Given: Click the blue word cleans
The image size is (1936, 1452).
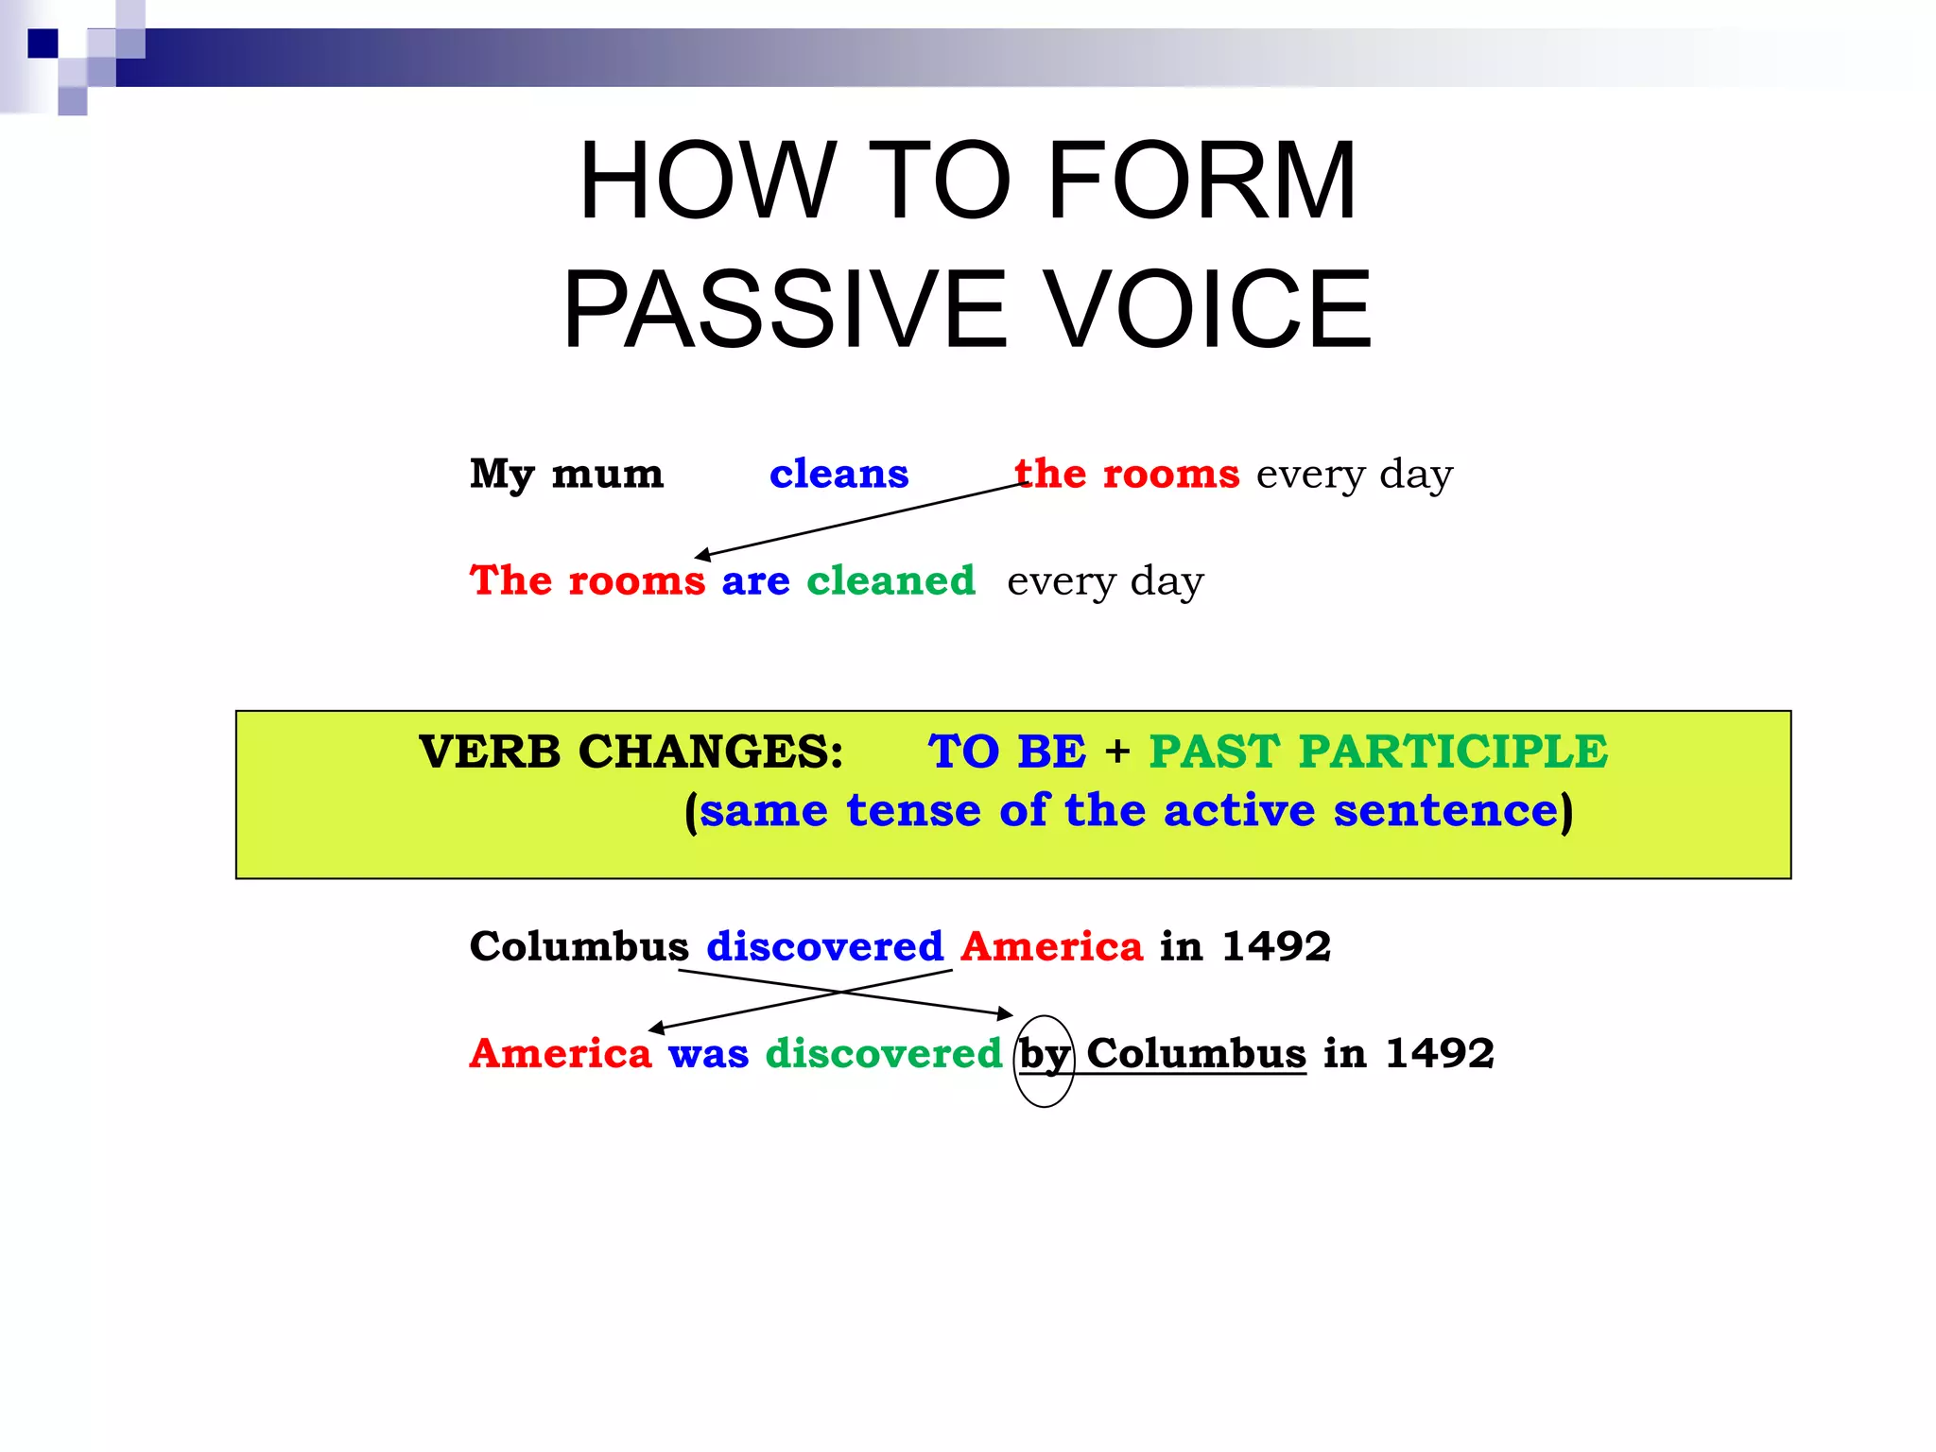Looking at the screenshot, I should (x=838, y=473).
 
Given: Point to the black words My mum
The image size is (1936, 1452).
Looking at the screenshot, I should (x=566, y=474).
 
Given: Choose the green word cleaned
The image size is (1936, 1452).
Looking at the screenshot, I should (x=890, y=579).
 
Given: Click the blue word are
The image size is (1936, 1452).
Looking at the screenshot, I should (x=755, y=580).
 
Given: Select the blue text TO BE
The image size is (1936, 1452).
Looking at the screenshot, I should (x=1007, y=752).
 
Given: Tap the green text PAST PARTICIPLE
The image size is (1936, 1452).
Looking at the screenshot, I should (x=1377, y=752).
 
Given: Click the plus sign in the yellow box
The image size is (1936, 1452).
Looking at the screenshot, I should (x=1117, y=752).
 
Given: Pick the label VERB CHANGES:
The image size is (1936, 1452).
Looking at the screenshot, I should (x=631, y=752).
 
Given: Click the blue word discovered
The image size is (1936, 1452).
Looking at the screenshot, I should (x=824, y=945).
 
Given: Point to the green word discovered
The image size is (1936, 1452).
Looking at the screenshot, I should (x=883, y=1052).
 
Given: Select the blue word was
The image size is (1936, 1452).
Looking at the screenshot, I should (x=708, y=1053).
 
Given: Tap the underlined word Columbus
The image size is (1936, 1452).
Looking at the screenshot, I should (x=1196, y=1052).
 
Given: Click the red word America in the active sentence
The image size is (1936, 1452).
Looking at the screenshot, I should (x=1051, y=945).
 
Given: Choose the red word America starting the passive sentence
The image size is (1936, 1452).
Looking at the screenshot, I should (x=561, y=1052).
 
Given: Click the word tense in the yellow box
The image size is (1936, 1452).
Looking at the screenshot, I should (x=913, y=810).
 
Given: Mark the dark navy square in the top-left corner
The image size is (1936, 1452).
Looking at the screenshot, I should (x=43, y=43).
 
